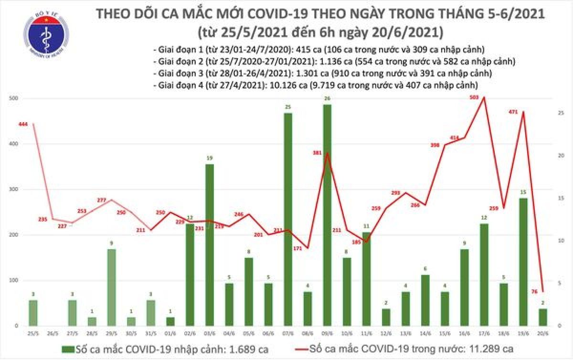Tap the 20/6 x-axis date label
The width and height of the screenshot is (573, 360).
pyautogui.click(x=543, y=331)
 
